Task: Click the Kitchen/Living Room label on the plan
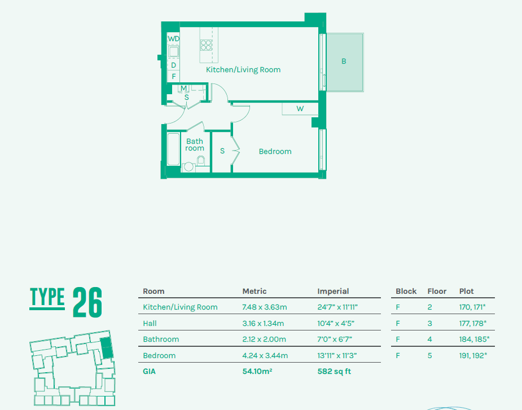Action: (243, 70)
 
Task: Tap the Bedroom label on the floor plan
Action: (275, 152)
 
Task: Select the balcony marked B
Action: (344, 61)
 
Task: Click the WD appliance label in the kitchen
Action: (174, 39)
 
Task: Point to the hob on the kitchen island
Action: (206, 45)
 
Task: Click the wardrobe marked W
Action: (300, 108)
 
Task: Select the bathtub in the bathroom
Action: (173, 149)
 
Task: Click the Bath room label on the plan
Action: (195, 145)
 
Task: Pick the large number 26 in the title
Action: (87, 303)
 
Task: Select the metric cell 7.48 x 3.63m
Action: (265, 307)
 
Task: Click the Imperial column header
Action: (333, 292)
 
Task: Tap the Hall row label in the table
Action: (150, 324)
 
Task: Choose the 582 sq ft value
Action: (334, 372)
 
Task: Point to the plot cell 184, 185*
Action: (474, 340)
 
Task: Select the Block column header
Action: (406, 292)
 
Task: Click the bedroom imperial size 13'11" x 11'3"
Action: (337, 356)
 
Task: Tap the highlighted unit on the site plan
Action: (106, 347)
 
